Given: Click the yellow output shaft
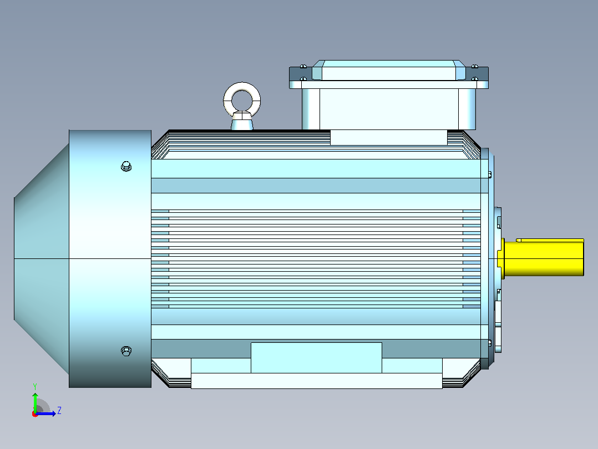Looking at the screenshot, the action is pos(544,258).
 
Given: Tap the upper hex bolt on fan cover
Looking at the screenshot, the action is pos(126,167).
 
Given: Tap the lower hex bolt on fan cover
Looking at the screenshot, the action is pos(126,351).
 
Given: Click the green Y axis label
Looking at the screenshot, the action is pos(35,386).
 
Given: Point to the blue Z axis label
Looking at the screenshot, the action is pos(59,411).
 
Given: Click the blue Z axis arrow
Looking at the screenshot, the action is pos(45,413).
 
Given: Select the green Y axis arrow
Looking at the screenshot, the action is pos(35,403).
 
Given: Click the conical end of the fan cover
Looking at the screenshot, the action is pos(41,259).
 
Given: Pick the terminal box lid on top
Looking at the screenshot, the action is pos(389,71).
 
